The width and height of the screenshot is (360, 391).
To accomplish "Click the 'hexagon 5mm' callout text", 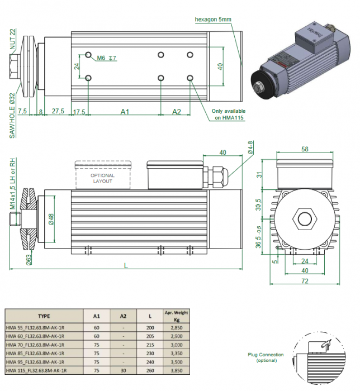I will pos(213,20).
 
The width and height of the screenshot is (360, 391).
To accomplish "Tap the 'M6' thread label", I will pos(101,58).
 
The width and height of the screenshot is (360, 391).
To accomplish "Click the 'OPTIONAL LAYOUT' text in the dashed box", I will pos(102,178).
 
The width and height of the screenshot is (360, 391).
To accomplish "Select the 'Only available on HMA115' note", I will pos(230,114).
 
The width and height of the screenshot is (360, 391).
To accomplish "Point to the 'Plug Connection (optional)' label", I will pos(266,357).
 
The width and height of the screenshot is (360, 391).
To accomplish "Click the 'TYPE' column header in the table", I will pos(44,315).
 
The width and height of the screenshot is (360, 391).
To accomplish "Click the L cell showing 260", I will pos(149,370).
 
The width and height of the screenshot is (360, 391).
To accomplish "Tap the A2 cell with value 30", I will pos(123,370).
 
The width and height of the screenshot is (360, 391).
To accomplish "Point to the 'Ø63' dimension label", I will pos(27,258).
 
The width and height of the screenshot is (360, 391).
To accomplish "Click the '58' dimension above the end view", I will pos(305,149).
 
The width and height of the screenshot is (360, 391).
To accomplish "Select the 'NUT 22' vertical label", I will pos(13,40).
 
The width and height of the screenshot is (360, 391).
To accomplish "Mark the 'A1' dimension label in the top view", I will pos(125,112).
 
